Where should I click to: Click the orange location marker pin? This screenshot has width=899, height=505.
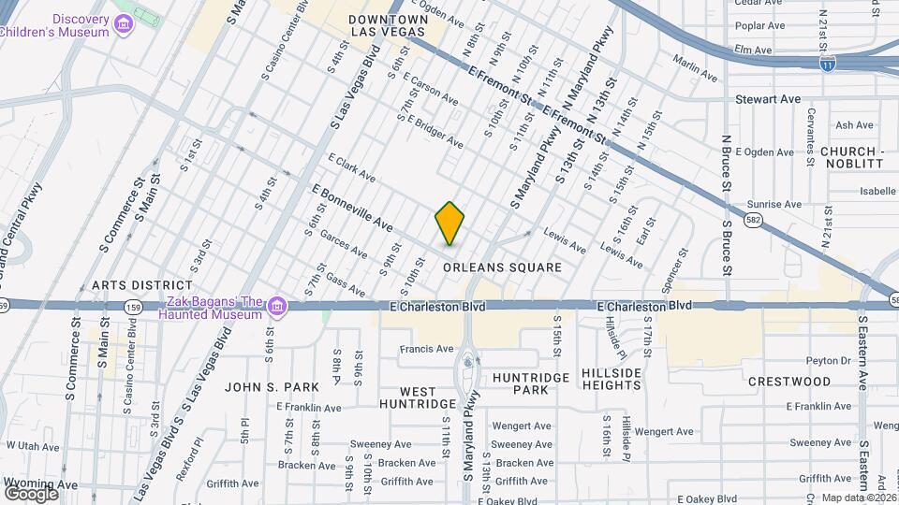click(450, 224)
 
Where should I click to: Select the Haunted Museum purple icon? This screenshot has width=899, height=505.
click(276, 307)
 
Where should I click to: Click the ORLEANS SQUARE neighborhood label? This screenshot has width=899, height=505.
click(502, 267)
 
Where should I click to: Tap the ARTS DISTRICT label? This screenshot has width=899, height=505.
click(142, 285)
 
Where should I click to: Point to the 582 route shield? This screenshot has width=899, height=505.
click(752, 220)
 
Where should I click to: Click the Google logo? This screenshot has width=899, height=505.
click(31, 493)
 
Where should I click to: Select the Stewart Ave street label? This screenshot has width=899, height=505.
click(768, 98)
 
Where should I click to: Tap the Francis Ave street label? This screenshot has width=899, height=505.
click(426, 349)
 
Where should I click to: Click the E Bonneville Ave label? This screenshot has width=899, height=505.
click(352, 209)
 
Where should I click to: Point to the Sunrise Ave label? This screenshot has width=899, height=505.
click(774, 204)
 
